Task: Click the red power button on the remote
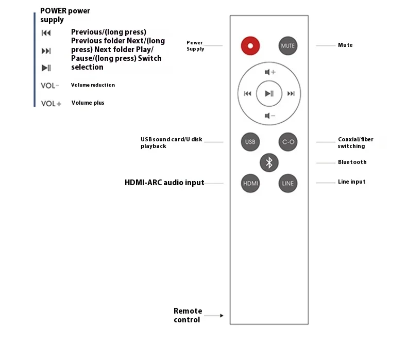(x=250, y=45)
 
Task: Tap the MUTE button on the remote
(x=288, y=45)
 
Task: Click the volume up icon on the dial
(x=269, y=72)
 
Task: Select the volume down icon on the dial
(x=269, y=116)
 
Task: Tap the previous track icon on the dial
(x=247, y=94)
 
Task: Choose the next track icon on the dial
(x=291, y=94)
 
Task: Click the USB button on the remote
(x=250, y=142)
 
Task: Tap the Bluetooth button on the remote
(x=269, y=162)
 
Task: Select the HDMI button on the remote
(x=250, y=183)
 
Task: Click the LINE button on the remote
(x=288, y=183)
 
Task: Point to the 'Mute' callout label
(x=345, y=45)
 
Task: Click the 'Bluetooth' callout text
(x=352, y=162)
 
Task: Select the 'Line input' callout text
(x=352, y=182)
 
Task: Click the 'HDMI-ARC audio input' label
(x=164, y=183)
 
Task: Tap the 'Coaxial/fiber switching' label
(x=355, y=143)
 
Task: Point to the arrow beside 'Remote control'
(x=222, y=316)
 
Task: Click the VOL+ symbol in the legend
(x=51, y=104)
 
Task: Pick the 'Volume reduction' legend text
(x=93, y=85)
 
